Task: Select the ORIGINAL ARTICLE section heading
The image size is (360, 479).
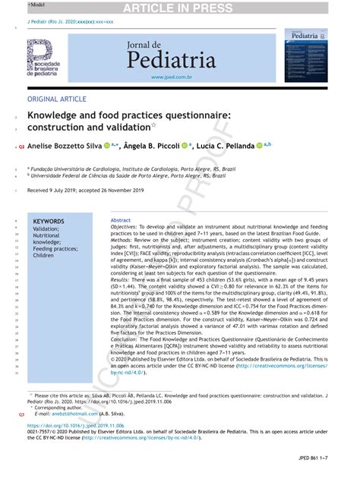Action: (x=57, y=99)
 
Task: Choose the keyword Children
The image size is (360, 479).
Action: (x=44, y=256)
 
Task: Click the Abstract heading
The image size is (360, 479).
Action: (x=121, y=219)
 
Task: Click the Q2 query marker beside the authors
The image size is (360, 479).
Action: (x=21, y=145)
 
